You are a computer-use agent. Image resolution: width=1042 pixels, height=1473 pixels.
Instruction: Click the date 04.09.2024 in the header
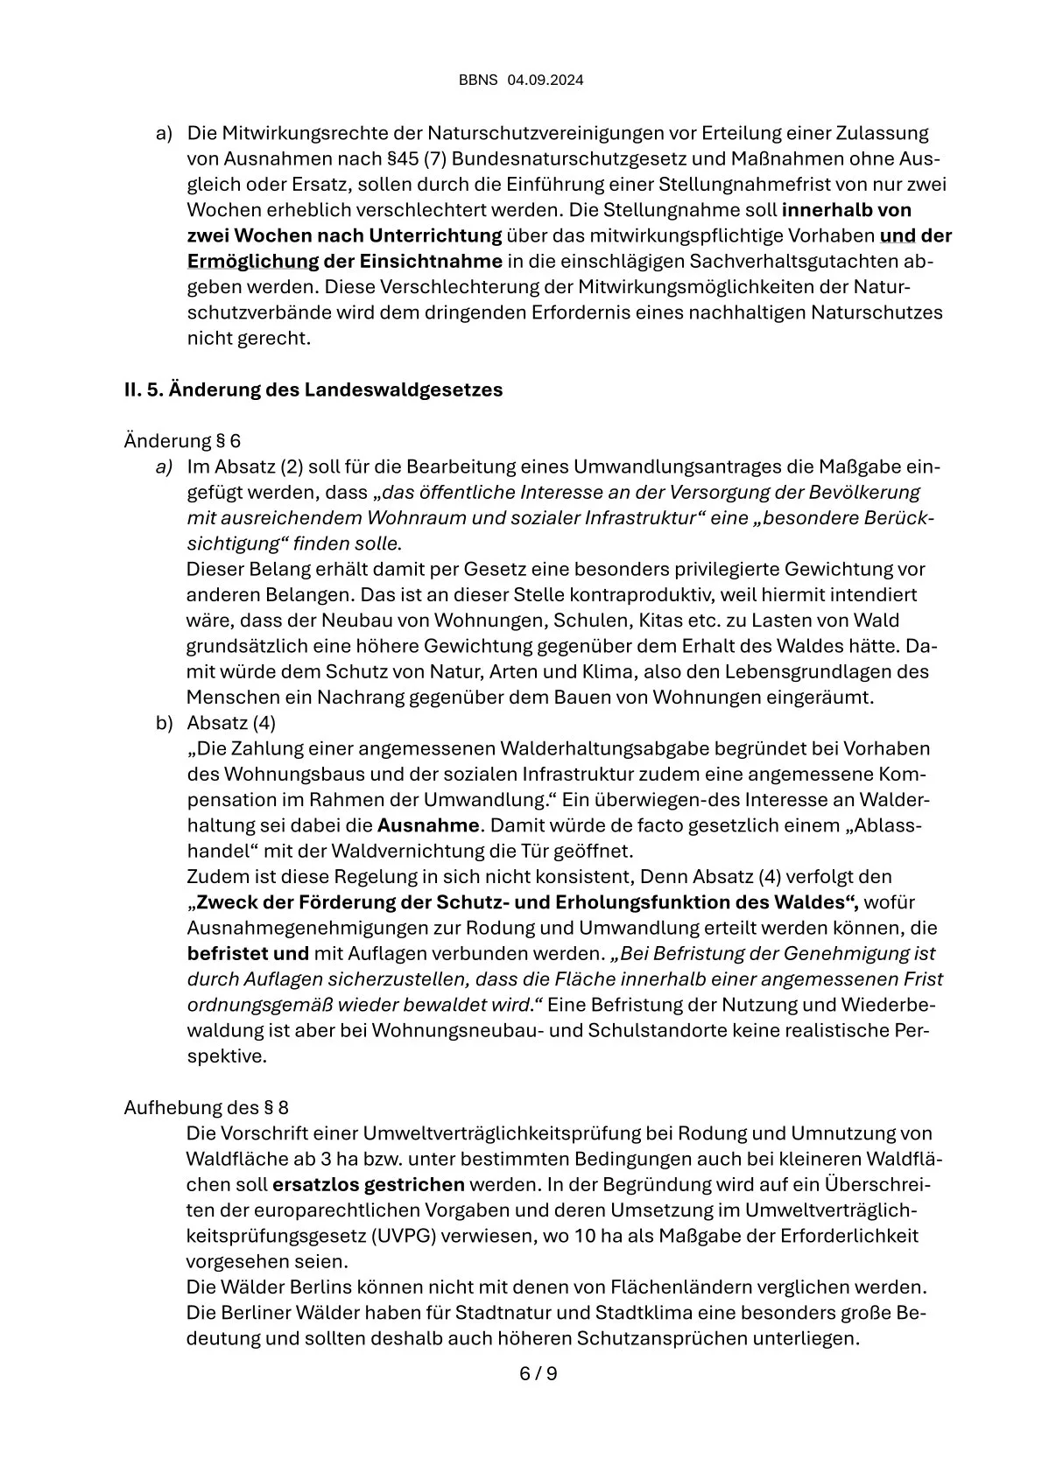(x=546, y=81)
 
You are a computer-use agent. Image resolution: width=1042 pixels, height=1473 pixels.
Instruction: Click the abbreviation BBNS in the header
(x=478, y=81)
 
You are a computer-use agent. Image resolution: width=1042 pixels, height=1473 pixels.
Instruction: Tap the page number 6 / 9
(x=539, y=1373)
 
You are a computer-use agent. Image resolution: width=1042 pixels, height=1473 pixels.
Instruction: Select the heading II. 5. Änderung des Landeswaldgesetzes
(x=313, y=389)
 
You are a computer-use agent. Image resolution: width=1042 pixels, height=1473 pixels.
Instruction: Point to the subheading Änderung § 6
(x=182, y=440)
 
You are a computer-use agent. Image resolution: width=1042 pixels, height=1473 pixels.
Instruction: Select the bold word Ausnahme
(x=428, y=825)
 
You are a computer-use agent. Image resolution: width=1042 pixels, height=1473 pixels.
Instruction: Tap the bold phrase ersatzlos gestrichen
(x=369, y=1185)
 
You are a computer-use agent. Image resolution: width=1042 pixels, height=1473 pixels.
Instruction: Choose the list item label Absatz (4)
(x=231, y=723)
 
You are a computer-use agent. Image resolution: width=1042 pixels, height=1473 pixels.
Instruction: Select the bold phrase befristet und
(x=248, y=954)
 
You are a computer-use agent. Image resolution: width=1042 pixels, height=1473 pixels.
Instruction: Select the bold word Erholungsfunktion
(x=648, y=902)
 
